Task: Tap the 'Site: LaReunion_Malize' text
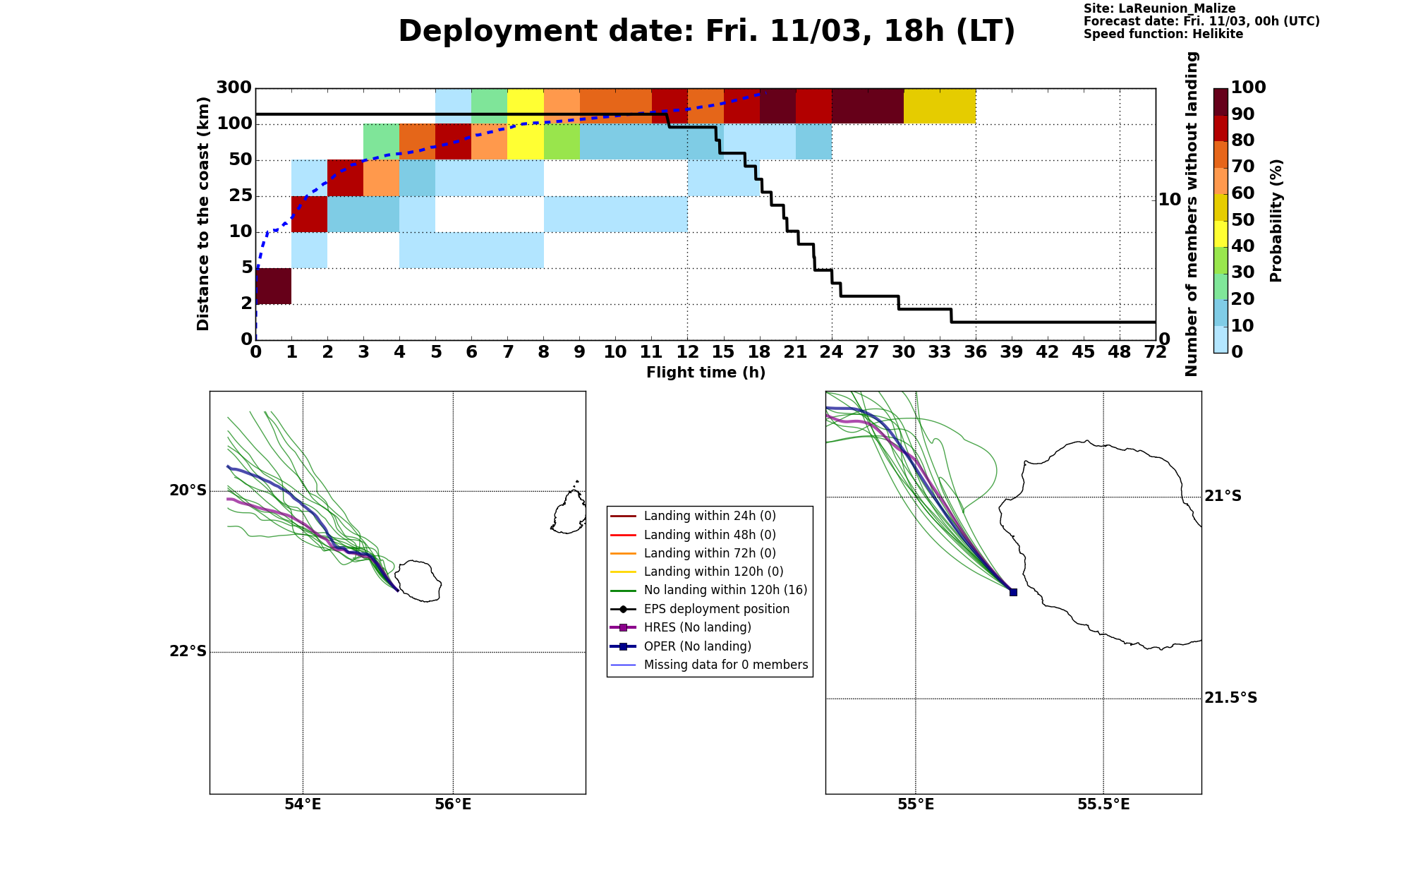[x=1160, y=8]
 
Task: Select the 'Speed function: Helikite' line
[x=1163, y=34]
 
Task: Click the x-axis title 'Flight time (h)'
[x=705, y=373]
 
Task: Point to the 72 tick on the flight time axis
[x=1156, y=351]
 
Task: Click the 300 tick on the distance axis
[x=234, y=87]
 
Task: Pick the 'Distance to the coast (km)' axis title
[x=203, y=214]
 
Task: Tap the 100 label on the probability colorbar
[x=1248, y=87]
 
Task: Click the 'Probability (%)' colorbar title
[x=1276, y=220]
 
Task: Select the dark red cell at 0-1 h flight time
[x=274, y=286]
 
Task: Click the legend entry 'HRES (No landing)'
[x=698, y=627]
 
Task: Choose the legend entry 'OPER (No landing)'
[x=698, y=646]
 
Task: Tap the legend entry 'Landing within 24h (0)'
[x=710, y=516]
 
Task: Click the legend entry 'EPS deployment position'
[x=717, y=609]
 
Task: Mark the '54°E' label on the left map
[x=303, y=804]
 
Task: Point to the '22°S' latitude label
[x=188, y=651]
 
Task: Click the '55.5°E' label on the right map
[x=1103, y=804]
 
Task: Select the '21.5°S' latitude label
[x=1230, y=698]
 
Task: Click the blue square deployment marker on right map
[x=1013, y=592]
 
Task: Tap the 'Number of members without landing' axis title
[x=1192, y=214]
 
